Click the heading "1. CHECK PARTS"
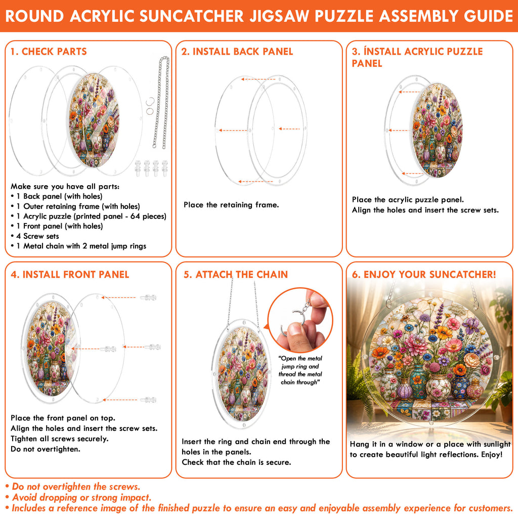coord(49,52)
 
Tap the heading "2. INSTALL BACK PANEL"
coord(237,52)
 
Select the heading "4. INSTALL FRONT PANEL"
coord(70,275)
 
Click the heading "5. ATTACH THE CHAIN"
coord(236,275)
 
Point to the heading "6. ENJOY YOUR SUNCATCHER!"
coord(424,275)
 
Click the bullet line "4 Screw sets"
coord(37,236)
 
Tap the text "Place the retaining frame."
coord(231,205)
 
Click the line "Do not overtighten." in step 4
coord(45,449)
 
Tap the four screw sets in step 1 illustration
coord(151,168)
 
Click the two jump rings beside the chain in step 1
coord(150,106)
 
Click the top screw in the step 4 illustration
coord(148,297)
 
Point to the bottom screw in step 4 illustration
coord(148,400)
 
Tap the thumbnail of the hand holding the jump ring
coord(300,320)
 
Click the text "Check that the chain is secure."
coord(237,462)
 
